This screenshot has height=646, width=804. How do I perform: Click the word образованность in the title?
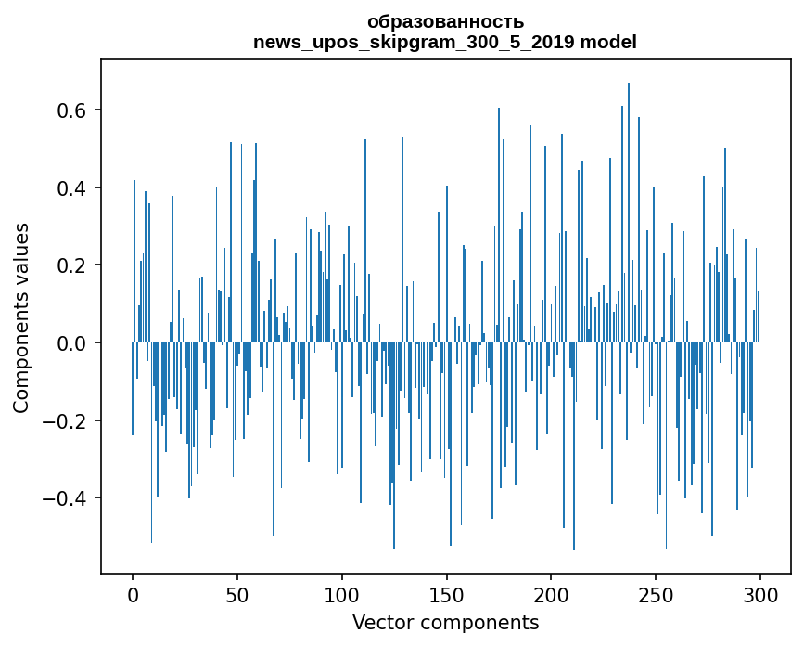[x=445, y=21]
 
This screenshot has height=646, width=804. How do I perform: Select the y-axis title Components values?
[x=21, y=317]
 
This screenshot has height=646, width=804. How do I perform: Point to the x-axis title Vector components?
[x=445, y=622]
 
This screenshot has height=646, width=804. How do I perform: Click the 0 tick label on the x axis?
[x=133, y=594]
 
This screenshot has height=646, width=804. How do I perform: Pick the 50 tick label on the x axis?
[x=237, y=594]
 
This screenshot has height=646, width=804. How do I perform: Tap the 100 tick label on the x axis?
[x=342, y=594]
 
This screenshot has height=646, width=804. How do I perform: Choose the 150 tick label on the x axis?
[x=446, y=594]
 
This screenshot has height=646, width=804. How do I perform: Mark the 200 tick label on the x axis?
[x=551, y=594]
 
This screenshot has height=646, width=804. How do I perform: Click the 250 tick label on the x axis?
[x=656, y=594]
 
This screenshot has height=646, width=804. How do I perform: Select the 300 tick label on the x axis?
[x=760, y=594]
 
